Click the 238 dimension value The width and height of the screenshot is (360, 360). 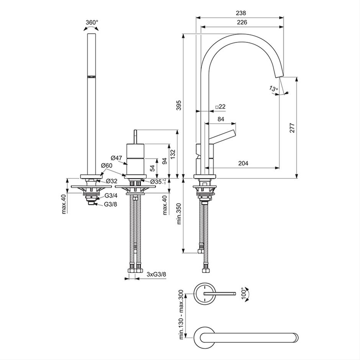[241, 13]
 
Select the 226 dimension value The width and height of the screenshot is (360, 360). [242, 22]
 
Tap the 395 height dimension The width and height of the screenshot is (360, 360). [179, 105]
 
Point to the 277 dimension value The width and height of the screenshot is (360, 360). [292, 128]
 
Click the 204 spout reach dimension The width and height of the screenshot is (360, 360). [243, 163]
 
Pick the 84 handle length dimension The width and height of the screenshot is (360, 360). [221, 119]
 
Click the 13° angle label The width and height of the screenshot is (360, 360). [273, 88]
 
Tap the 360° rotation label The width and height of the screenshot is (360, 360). [92, 23]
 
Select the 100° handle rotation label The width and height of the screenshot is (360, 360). [244, 293]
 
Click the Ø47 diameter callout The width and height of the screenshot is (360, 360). [116, 158]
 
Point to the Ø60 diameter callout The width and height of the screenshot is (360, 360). [106, 165]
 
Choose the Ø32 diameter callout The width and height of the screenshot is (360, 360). [111, 181]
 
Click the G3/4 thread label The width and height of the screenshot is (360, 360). [111, 196]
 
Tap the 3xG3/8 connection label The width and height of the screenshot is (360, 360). [156, 274]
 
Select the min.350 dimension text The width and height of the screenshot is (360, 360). [179, 214]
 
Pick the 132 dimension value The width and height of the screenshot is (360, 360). [173, 154]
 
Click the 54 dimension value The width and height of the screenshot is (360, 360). [152, 168]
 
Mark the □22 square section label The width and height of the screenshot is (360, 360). [221, 106]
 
